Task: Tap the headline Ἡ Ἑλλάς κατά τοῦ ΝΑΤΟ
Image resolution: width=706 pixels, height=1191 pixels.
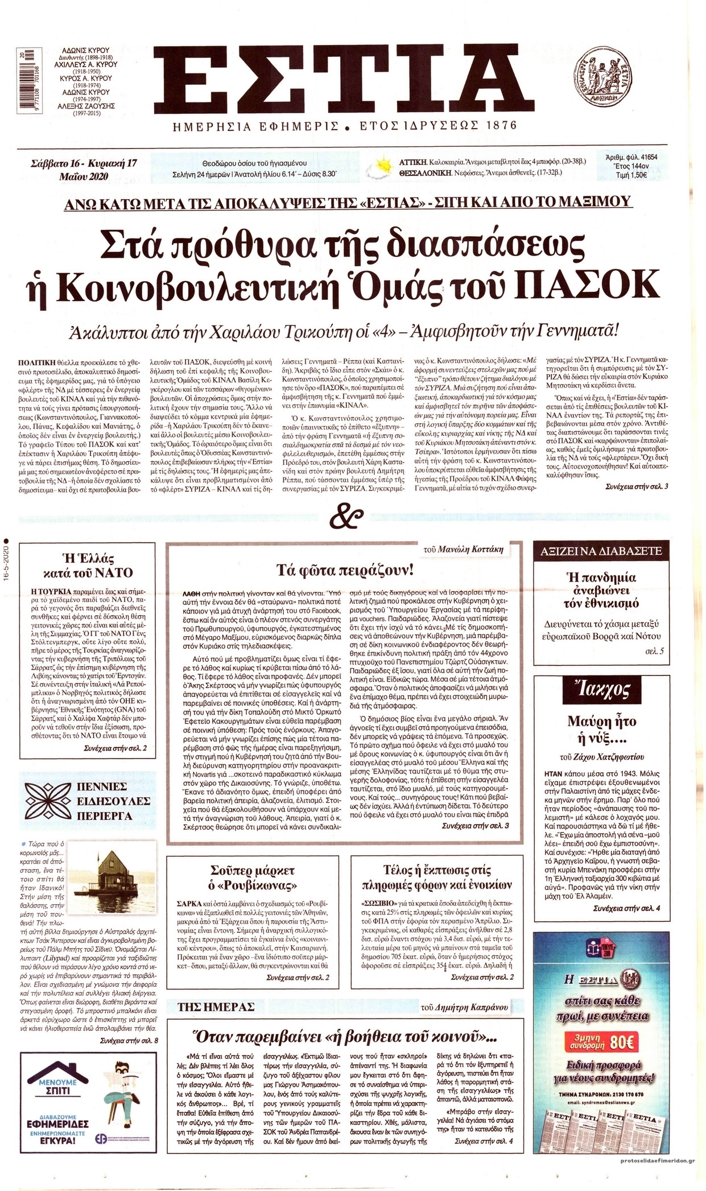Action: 88,564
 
